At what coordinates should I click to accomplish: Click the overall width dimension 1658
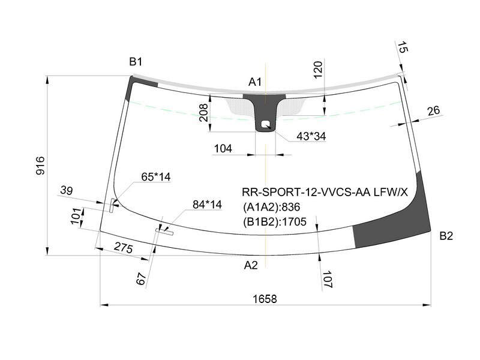point(265,298)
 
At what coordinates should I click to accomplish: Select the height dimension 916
point(40,166)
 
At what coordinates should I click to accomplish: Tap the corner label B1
point(136,62)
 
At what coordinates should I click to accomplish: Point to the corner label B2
point(446,236)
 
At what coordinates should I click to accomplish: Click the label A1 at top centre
point(254,82)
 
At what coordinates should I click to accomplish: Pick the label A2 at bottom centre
point(251,265)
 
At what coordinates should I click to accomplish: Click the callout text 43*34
point(311,136)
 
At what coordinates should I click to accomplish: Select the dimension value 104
point(223,148)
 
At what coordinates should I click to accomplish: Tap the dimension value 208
point(203,113)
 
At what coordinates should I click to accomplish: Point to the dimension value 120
point(318,70)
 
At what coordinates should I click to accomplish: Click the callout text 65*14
point(156,176)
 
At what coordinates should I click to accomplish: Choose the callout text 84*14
point(207,204)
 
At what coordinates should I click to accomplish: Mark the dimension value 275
point(124,248)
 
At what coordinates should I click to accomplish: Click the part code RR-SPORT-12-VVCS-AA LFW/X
point(325,192)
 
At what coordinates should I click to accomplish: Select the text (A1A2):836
point(272,207)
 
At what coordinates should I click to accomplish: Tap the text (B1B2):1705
point(275,221)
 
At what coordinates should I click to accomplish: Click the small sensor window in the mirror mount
point(265,124)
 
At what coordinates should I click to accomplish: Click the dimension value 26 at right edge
point(433,111)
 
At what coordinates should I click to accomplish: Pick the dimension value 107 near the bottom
point(327,279)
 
